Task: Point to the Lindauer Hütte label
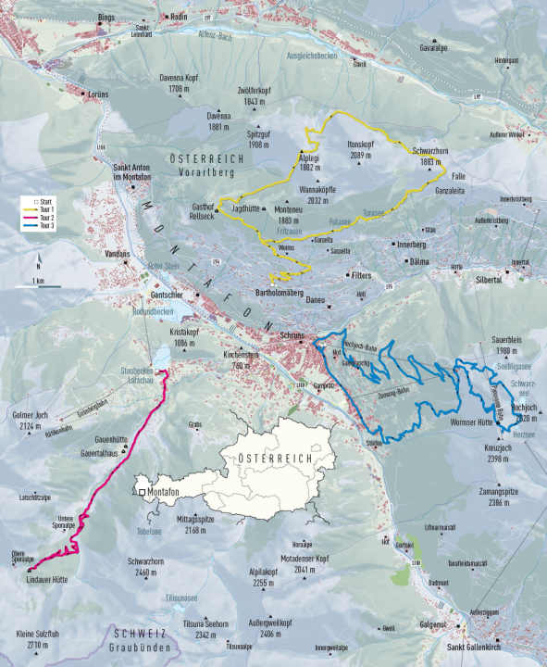pyautogui.click(x=47, y=581)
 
